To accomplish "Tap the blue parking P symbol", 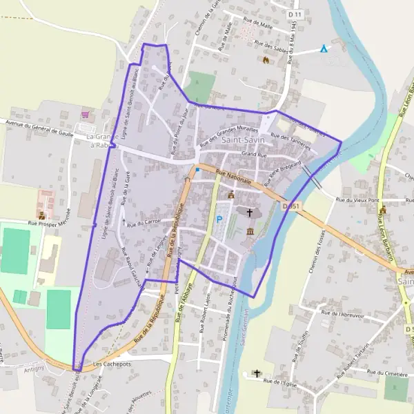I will click(219, 219).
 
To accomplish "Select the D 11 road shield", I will click(296, 14).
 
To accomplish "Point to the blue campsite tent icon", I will click(324, 48).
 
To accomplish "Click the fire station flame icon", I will click(265, 60).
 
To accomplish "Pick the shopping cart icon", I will click(86, 115).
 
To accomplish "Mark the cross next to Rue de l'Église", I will click(257, 373).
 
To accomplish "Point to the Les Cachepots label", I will click(111, 363).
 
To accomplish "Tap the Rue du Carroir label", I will click(144, 222).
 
